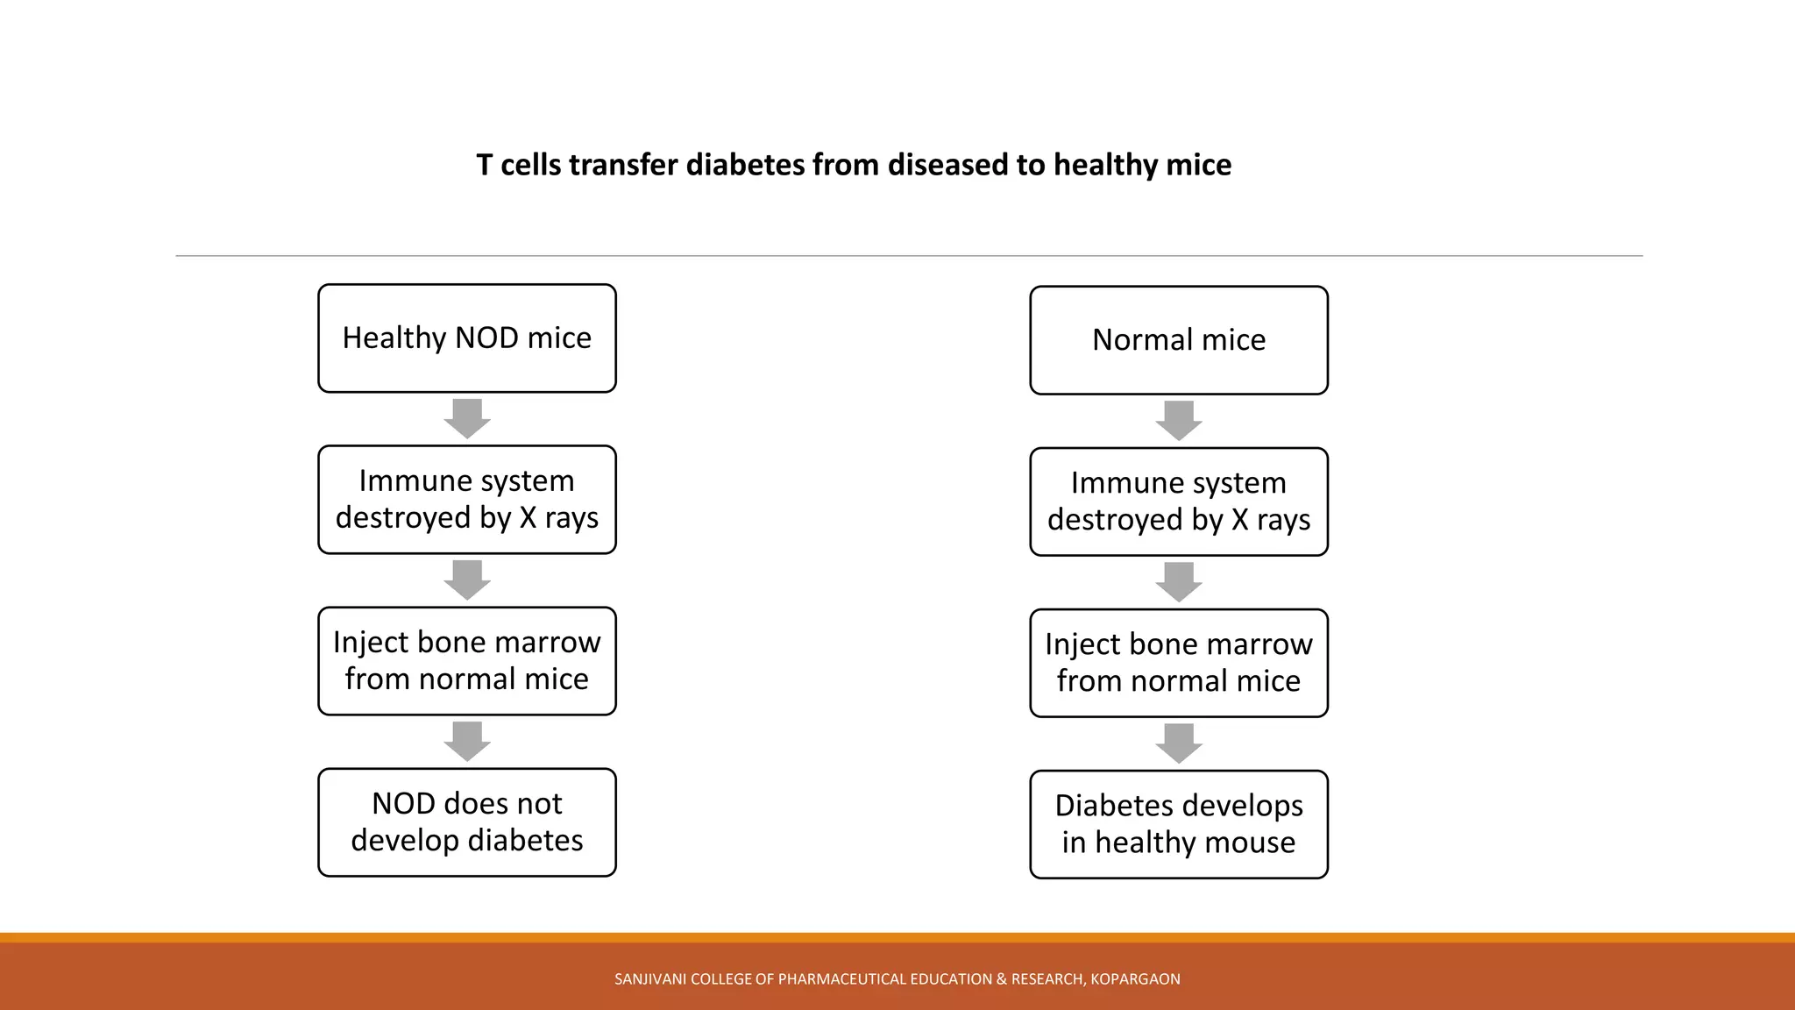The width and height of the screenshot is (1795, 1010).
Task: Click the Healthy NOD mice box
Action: [x=466, y=338]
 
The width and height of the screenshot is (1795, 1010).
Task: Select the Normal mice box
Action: [x=1178, y=340]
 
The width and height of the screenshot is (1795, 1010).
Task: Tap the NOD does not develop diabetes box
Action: [x=466, y=822]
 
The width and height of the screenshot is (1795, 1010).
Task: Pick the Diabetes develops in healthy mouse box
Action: [x=1178, y=824]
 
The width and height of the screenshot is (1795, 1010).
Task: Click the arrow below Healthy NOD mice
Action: [x=466, y=418]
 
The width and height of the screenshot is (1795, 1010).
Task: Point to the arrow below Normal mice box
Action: [x=1178, y=421]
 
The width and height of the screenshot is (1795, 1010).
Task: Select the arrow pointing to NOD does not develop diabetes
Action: [x=466, y=742]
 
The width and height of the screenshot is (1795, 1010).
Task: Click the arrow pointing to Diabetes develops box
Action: [x=1178, y=743]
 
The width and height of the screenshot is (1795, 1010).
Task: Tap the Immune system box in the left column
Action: [x=466, y=500]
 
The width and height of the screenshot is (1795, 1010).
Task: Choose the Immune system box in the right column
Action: [x=1178, y=501]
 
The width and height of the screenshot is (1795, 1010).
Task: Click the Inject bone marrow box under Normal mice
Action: [x=1178, y=663]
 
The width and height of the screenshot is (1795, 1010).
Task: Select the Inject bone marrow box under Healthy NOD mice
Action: [x=466, y=661]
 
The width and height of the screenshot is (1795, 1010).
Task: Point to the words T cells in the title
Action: [x=518, y=165]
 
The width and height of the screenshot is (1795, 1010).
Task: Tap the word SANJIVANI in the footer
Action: [x=650, y=979]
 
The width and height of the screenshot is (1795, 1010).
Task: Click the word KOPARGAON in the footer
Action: [x=1135, y=979]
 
